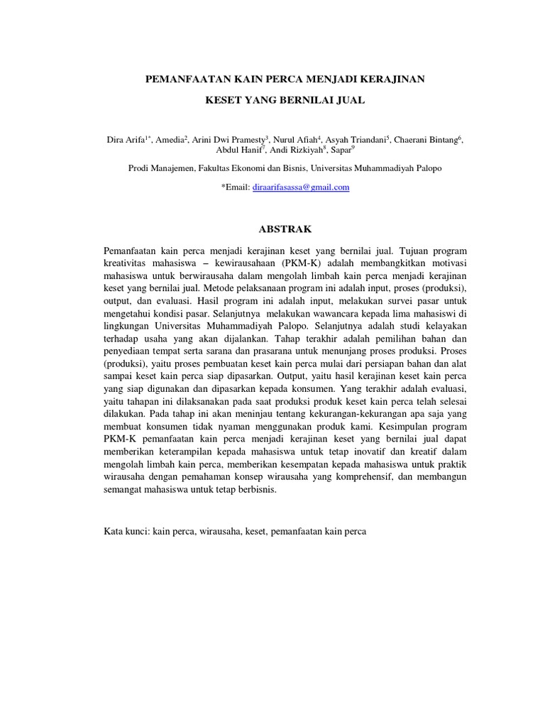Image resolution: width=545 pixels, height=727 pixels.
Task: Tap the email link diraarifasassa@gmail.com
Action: pos(302,187)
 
